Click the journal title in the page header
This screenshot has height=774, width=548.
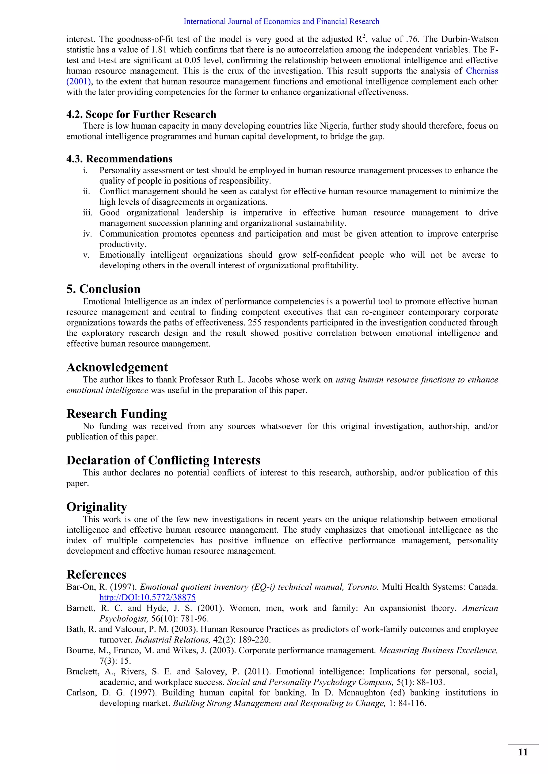coord(281,22)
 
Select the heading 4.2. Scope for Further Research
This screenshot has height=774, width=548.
coord(141,114)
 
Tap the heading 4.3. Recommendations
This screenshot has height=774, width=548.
coord(119,159)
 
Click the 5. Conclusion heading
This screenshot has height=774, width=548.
coord(103,289)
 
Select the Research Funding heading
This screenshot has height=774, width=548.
coord(116,414)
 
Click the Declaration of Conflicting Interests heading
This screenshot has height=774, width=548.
coord(163,460)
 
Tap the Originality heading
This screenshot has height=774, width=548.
coord(97,507)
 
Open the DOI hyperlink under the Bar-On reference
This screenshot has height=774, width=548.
coord(147,598)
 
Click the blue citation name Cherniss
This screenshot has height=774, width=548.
coord(482,71)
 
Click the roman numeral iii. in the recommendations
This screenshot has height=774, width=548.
coord(87,213)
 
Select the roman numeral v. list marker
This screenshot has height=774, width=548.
coord(86,255)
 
